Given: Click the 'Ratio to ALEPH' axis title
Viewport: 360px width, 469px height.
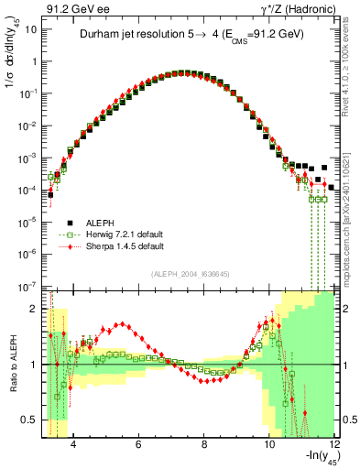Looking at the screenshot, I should [x=11, y=365].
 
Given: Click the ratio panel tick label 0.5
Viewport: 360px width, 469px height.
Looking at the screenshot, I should [x=28, y=420].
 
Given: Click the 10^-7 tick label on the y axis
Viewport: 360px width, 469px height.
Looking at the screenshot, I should [x=27, y=286].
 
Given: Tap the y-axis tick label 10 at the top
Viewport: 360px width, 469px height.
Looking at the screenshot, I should [x=30, y=29].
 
